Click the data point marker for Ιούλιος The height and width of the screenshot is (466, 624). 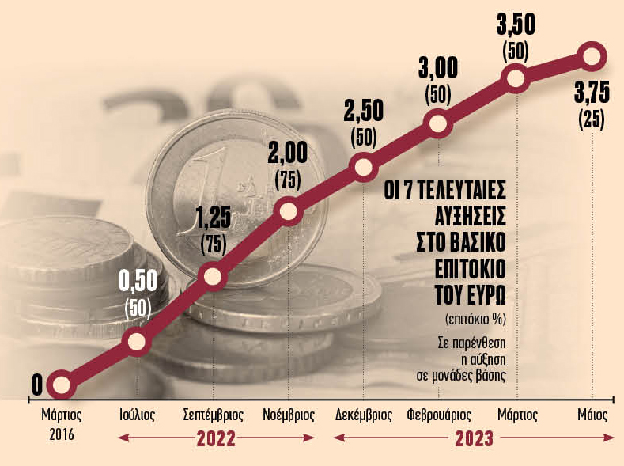coord(136,342)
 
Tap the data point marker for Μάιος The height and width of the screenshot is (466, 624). coord(592,55)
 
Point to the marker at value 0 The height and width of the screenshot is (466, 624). coord(61,386)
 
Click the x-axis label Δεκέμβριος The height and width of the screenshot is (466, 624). coord(364,415)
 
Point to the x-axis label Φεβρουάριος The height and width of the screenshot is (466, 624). coord(439,415)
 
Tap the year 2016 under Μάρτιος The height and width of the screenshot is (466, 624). coord(61,434)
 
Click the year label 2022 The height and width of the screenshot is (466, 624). coord(216,439)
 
